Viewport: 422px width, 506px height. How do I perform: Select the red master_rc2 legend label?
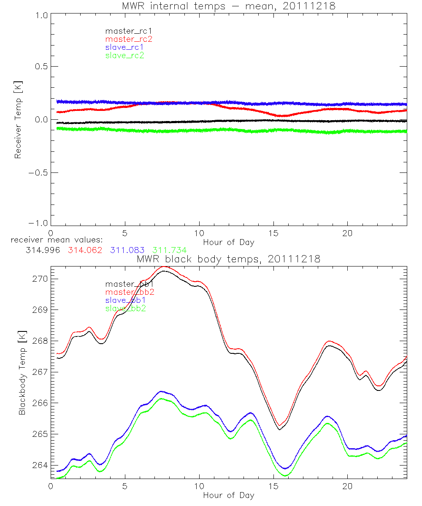pos(128,39)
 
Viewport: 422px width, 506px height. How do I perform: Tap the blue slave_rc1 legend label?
pos(124,47)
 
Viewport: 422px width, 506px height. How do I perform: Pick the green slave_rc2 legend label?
pos(124,55)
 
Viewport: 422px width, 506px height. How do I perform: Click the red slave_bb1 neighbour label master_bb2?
pos(130,292)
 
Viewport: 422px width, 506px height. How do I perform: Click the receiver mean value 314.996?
pos(43,250)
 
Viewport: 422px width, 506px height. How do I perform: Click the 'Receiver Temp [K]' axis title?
pos(18,119)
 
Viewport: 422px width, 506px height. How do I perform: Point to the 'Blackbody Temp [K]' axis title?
pos(22,370)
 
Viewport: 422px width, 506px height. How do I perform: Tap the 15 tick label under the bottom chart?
pos(273,486)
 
